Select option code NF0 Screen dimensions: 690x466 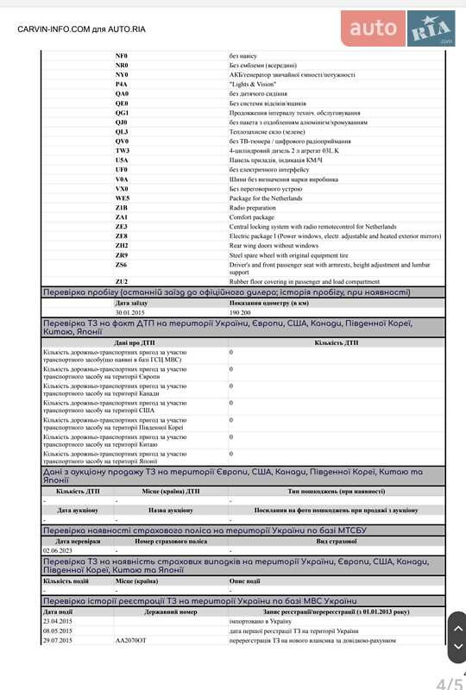click(x=121, y=55)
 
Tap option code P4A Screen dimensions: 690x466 click(x=121, y=85)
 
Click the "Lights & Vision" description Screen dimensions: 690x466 click(x=252, y=85)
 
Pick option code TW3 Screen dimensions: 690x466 click(x=122, y=151)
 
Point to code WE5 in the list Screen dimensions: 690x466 click(x=122, y=198)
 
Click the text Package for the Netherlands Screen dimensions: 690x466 click(x=267, y=198)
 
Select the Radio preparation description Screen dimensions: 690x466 click(x=252, y=208)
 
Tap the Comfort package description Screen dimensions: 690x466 click(x=251, y=217)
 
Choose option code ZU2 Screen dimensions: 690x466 click(x=122, y=281)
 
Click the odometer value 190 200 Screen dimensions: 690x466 click(x=241, y=312)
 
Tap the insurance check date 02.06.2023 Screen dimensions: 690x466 click(x=58, y=550)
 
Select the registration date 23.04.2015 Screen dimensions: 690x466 click(x=58, y=621)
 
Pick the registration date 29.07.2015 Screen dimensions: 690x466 click(x=58, y=641)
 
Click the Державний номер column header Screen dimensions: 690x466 click(x=170, y=612)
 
